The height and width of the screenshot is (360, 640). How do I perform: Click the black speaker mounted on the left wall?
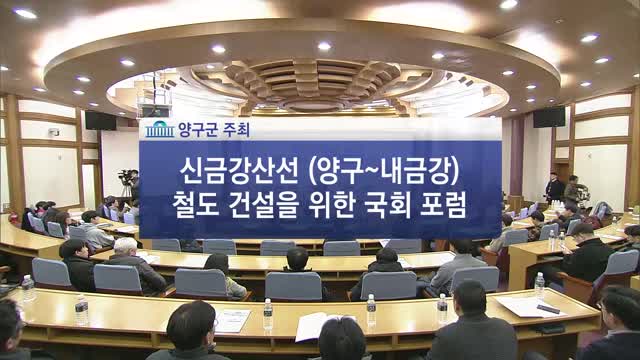pyautogui.click(x=100, y=120)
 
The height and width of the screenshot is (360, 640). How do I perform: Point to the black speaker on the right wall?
pyautogui.click(x=548, y=117)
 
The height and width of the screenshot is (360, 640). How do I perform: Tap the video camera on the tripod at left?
pyautogui.click(x=126, y=181)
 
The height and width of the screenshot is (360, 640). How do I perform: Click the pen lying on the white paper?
pyautogui.click(x=548, y=309)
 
